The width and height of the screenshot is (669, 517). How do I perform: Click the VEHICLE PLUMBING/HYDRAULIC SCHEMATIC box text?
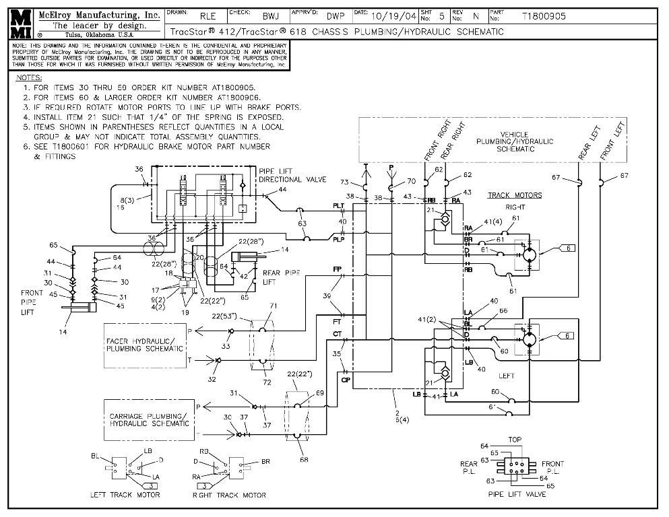coord(515,141)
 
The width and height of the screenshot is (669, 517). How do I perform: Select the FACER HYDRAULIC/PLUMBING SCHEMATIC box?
coord(144,345)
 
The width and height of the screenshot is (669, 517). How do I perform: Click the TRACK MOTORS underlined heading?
coord(515,195)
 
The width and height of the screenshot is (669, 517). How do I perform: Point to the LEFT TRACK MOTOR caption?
coord(126,495)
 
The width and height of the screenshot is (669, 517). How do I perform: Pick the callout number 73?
coord(344,182)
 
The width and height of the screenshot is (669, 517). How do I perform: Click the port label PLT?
coord(338,205)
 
